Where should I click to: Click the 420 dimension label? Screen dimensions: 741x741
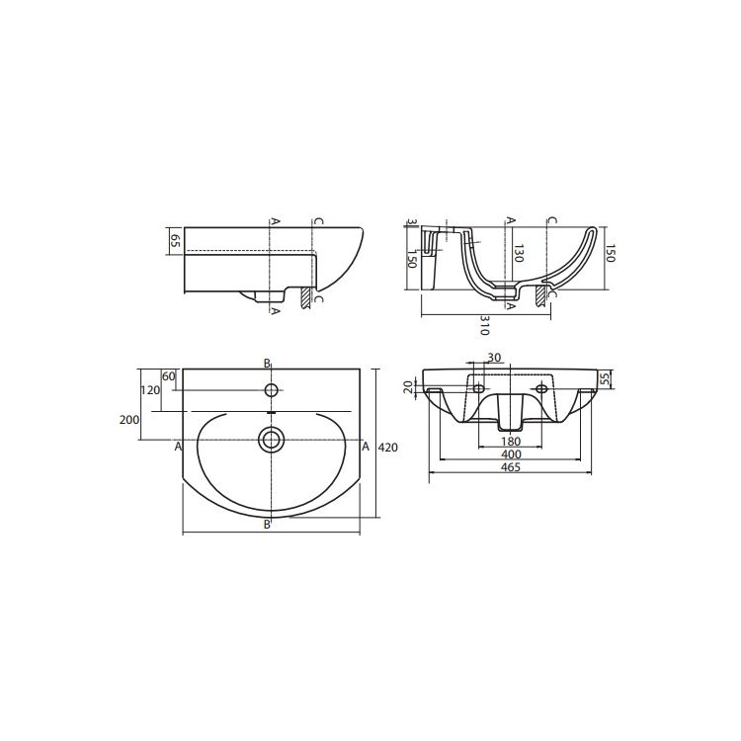point(388,447)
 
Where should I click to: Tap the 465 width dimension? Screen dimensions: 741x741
point(511,467)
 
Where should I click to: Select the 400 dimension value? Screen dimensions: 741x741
point(511,454)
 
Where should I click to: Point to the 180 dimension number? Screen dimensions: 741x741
point(511,442)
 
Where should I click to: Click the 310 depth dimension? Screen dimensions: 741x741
point(484,326)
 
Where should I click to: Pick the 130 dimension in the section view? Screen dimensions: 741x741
point(519,253)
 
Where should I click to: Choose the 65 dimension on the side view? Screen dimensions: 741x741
point(175,241)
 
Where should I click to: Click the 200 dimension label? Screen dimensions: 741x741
point(129,420)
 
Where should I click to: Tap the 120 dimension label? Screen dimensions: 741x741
point(151,390)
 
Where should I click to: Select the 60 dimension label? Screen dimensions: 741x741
point(169,376)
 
